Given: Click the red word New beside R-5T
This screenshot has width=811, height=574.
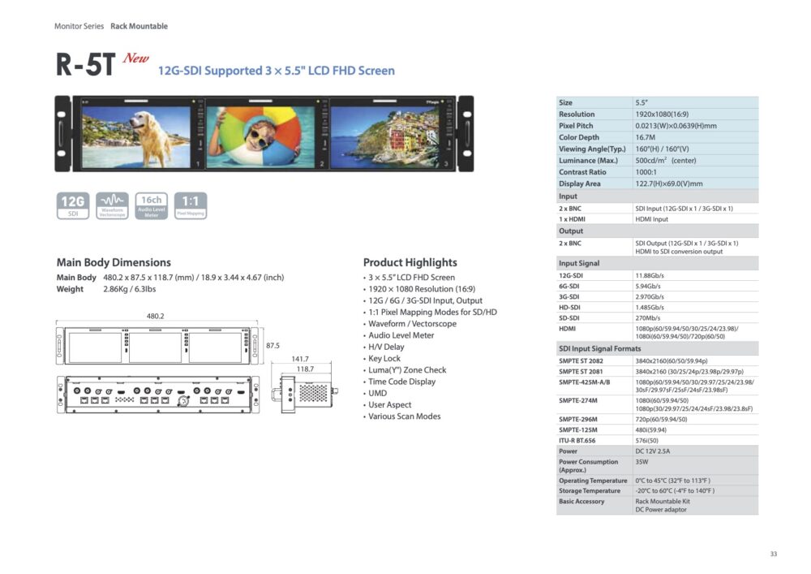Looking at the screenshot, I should [x=135, y=58].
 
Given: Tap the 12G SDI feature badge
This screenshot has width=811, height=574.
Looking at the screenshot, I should [x=72, y=206].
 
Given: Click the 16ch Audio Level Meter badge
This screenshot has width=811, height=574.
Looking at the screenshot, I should [x=152, y=206].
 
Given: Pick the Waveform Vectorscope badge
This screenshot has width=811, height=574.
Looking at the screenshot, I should [x=112, y=206].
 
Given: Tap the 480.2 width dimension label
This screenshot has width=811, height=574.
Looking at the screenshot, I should [x=155, y=316].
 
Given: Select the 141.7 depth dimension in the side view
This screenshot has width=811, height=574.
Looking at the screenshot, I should [x=300, y=359].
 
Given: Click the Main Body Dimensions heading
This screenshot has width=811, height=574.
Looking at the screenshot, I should [x=114, y=262].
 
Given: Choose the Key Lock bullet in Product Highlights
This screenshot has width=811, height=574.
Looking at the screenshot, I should [x=384, y=358].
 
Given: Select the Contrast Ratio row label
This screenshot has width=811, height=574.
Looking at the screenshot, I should [x=582, y=172].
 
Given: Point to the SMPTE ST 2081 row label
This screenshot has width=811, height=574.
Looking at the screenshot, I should [x=581, y=371].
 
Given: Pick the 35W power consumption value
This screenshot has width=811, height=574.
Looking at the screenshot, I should [x=642, y=462].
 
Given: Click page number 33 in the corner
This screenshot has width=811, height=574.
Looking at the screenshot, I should [x=773, y=554].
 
